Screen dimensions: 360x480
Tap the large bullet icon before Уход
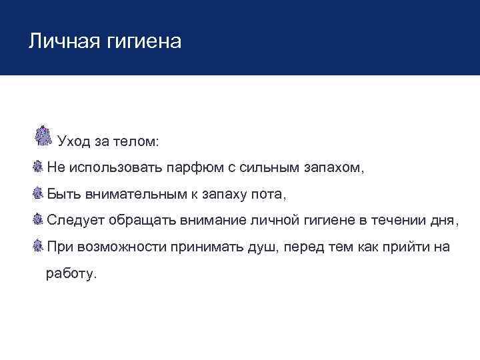click(x=43, y=135)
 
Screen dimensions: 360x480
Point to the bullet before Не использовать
click(x=38, y=167)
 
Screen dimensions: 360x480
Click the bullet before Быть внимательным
click(x=38, y=193)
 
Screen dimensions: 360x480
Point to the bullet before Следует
click(x=38, y=219)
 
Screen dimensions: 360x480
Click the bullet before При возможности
click(x=38, y=246)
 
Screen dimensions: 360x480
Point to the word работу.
click(x=71, y=274)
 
